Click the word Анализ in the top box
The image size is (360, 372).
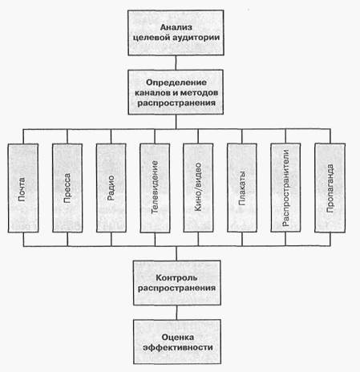(176, 27)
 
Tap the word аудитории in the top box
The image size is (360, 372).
(196, 38)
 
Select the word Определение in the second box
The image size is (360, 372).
(176, 83)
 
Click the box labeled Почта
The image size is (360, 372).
(23, 188)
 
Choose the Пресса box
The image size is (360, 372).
(67, 188)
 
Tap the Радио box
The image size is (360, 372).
(111, 188)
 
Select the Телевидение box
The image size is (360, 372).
(155, 188)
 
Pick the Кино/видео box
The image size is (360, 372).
(198, 188)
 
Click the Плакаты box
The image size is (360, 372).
(242, 188)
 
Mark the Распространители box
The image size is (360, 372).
(285, 188)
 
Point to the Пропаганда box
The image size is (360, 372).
(330, 188)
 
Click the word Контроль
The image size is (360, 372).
(176, 278)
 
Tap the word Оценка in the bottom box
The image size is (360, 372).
(178, 338)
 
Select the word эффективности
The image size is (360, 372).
(178, 347)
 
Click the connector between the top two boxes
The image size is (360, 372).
(176, 63)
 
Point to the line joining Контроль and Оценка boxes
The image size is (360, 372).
(176, 312)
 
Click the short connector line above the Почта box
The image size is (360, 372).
(23, 136)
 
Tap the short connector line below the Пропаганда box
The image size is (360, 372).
(330, 239)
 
